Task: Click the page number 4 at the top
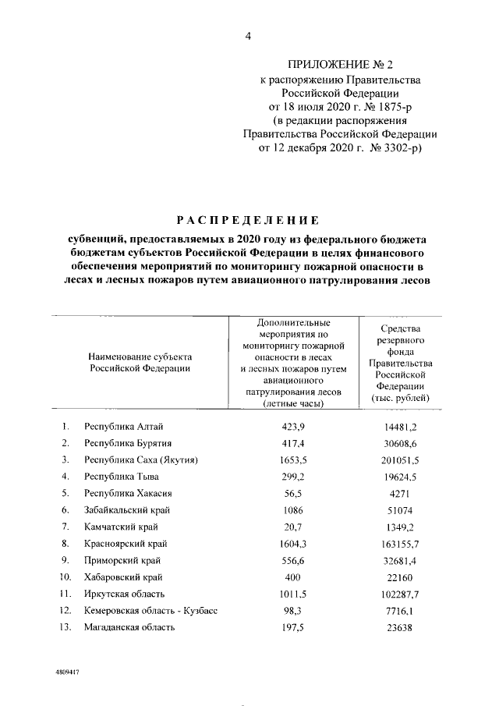(x=249, y=34)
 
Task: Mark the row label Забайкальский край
(x=127, y=509)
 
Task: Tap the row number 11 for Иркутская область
(x=65, y=594)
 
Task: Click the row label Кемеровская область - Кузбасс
(x=150, y=611)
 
